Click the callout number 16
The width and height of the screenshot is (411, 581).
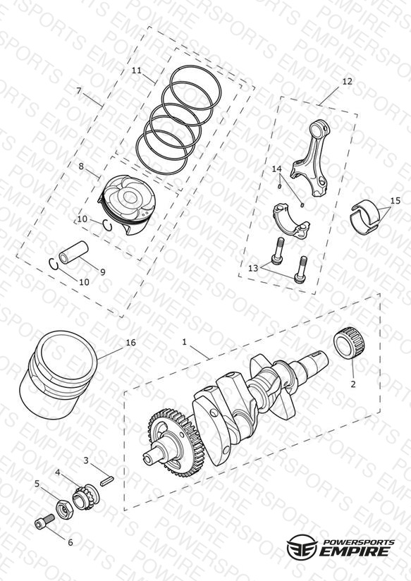[x=131, y=343]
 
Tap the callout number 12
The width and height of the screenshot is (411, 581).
[x=347, y=81]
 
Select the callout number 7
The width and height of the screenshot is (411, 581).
[x=78, y=91]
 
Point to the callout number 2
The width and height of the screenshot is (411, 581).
[x=352, y=384]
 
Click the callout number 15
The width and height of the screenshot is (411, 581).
[x=395, y=200]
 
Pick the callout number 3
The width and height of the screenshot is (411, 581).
[x=86, y=460]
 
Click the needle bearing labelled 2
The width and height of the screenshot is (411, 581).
[x=349, y=343]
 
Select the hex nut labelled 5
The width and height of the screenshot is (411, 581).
[x=64, y=510]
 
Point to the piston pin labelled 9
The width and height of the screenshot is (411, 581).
[x=74, y=252]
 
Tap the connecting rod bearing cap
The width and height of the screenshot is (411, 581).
[x=291, y=219]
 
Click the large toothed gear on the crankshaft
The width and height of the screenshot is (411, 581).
[x=176, y=442]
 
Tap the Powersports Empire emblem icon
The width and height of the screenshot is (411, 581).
[x=302, y=546]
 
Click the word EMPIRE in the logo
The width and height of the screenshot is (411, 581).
[x=355, y=551]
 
